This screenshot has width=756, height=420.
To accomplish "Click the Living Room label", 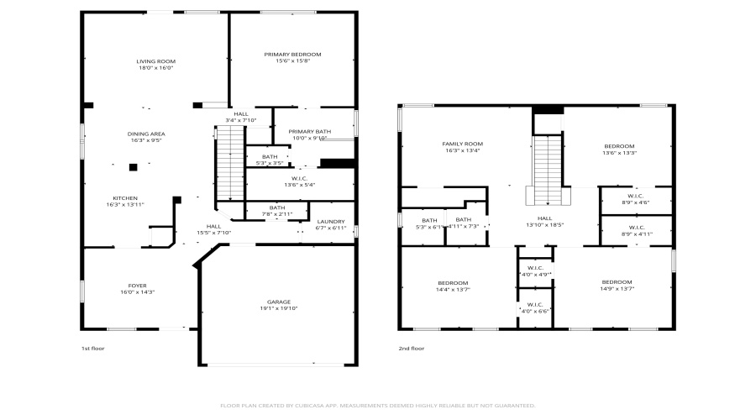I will (x=155, y=61).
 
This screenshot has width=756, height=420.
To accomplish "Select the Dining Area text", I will (x=146, y=134).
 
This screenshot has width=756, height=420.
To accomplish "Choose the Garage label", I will (x=279, y=302).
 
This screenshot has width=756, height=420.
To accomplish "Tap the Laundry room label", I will (x=330, y=223).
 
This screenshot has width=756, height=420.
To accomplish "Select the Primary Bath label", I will (x=310, y=132).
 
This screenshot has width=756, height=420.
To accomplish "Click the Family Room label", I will (x=463, y=144).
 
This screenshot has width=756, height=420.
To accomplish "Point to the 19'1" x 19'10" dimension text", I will (x=279, y=308).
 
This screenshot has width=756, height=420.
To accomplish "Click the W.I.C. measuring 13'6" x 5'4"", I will (x=300, y=178).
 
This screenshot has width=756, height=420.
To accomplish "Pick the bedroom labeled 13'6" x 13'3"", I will (x=618, y=146).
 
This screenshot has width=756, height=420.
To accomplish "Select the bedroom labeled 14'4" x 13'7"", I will (x=453, y=283).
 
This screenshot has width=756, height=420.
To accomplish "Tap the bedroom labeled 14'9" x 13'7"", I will (x=617, y=282).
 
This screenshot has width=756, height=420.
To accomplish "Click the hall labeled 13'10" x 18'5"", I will (x=543, y=218).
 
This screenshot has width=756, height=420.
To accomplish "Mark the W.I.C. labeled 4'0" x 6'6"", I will (x=534, y=305).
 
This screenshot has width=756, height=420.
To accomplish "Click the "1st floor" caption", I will (x=92, y=348).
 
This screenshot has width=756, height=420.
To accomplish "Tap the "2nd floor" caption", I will (x=411, y=348).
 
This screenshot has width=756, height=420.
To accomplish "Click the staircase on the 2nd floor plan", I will (x=548, y=168).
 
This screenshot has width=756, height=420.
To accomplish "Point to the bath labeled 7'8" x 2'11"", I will (x=277, y=208).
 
